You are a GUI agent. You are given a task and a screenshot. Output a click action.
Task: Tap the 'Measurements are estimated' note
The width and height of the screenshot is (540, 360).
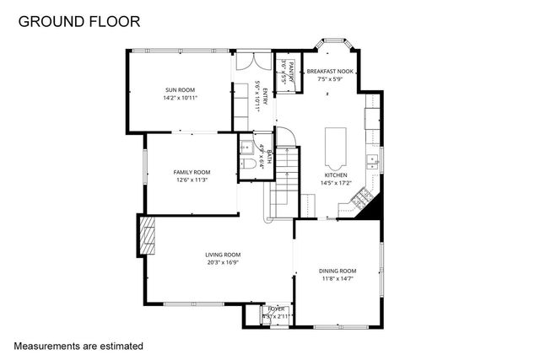(x=78, y=346)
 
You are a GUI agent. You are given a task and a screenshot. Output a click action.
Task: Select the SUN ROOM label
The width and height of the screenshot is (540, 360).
(x=179, y=89)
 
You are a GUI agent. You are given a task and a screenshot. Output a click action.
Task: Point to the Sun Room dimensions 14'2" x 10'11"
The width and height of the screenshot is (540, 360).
(x=179, y=96)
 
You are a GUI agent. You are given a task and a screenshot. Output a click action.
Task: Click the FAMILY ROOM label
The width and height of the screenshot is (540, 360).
(x=192, y=172)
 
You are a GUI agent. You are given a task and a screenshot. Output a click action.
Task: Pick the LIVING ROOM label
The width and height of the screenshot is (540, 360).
(x=223, y=255)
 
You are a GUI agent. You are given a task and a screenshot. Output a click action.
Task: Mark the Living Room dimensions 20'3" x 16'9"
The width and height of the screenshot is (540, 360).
(x=223, y=262)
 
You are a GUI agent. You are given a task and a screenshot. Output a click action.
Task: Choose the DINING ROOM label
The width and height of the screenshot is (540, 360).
(x=337, y=271)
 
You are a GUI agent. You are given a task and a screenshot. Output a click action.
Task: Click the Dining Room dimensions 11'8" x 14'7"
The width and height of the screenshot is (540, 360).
(x=337, y=279)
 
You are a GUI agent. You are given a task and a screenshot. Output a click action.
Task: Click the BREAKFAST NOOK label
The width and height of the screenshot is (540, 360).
(x=330, y=72)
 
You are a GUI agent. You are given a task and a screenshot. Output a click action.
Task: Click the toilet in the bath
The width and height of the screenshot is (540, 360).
(x=247, y=164)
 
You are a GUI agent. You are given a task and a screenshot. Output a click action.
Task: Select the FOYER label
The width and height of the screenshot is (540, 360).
(x=277, y=309)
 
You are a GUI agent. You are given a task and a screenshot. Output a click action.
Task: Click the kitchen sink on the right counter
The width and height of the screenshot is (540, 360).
(x=372, y=159)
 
